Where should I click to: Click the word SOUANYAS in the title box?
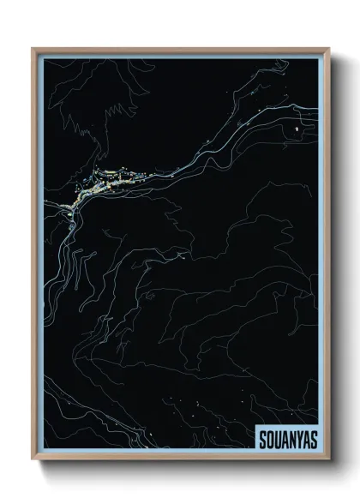[x=288, y=440]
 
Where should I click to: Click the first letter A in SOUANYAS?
[x=285, y=440]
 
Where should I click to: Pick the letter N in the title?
[x=292, y=440]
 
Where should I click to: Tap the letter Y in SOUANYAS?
[x=299, y=440]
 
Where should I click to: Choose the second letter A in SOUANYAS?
[x=306, y=440]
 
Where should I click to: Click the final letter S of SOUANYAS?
[x=314, y=440]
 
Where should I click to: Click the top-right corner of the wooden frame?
[x=327, y=49]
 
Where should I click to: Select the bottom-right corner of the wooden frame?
[x=327, y=459]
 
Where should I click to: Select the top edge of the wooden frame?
[x=180, y=49]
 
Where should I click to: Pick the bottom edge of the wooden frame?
[x=180, y=459]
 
